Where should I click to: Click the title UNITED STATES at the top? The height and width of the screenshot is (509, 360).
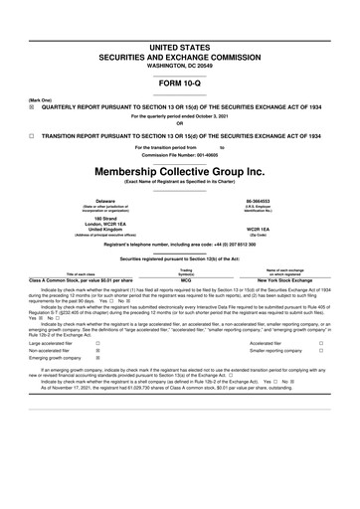[179, 47]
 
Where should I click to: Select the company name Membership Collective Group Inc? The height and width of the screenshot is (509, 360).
[179, 174]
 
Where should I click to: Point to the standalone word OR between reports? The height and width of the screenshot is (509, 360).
[179, 124]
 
